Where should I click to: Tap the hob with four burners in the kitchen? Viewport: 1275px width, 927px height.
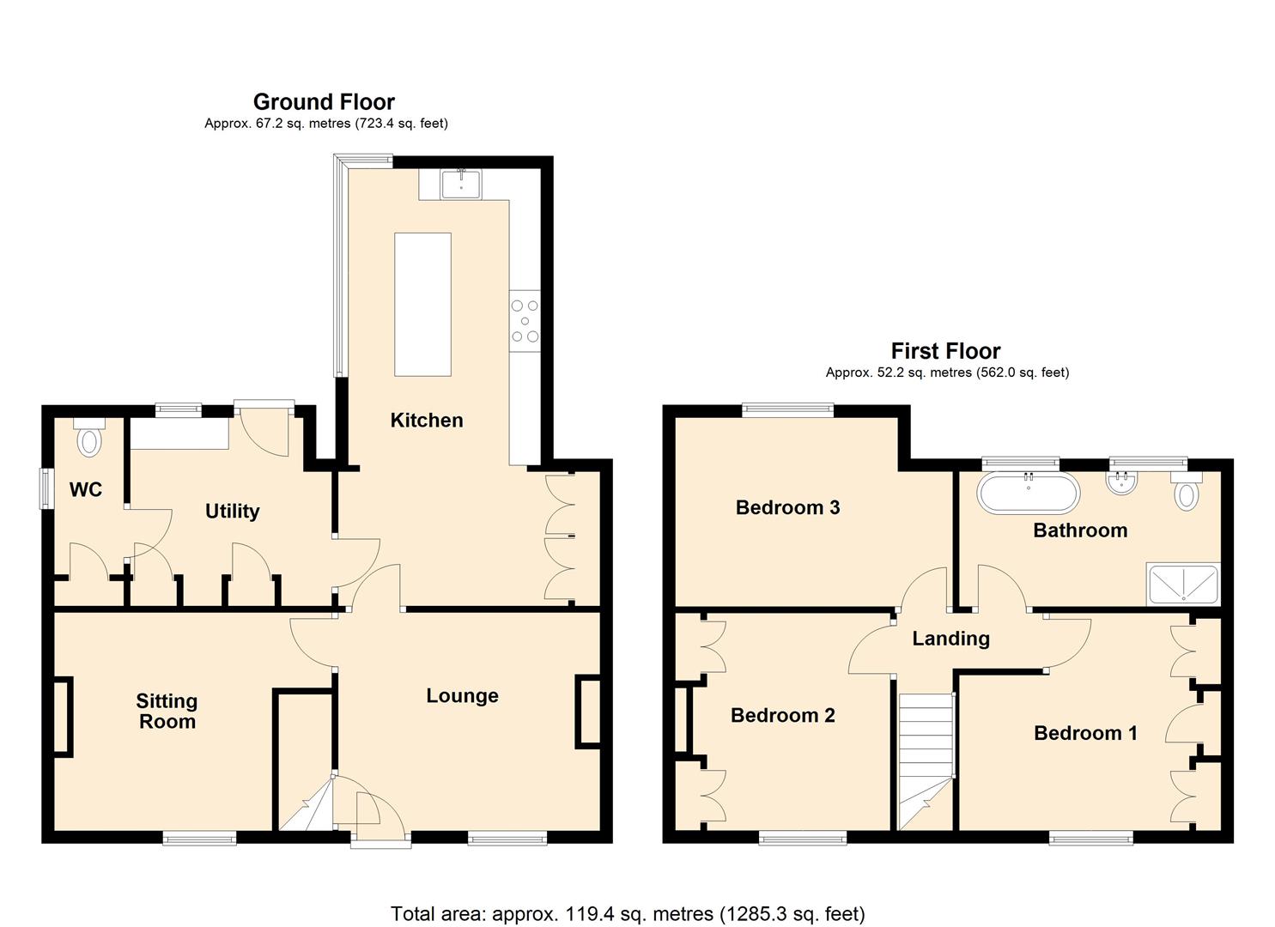coord(525,321)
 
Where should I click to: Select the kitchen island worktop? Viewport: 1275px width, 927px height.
coord(422,304)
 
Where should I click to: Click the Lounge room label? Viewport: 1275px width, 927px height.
coord(462,696)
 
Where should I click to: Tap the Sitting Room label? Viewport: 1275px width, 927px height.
coord(167,712)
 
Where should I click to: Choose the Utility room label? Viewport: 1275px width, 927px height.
coord(232,512)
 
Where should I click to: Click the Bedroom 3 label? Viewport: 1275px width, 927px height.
coord(787,507)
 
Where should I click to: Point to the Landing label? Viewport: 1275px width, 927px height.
coord(950,639)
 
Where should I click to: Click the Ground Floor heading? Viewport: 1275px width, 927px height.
coord(324,102)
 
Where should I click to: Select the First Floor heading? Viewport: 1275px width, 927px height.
coord(945,351)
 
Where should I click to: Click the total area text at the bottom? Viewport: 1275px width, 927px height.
coord(628,913)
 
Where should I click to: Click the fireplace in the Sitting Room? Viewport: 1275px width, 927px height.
coord(64,717)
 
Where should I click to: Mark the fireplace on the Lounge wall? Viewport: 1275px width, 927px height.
coord(589,710)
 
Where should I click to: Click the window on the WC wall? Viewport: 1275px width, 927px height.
coord(48,488)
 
